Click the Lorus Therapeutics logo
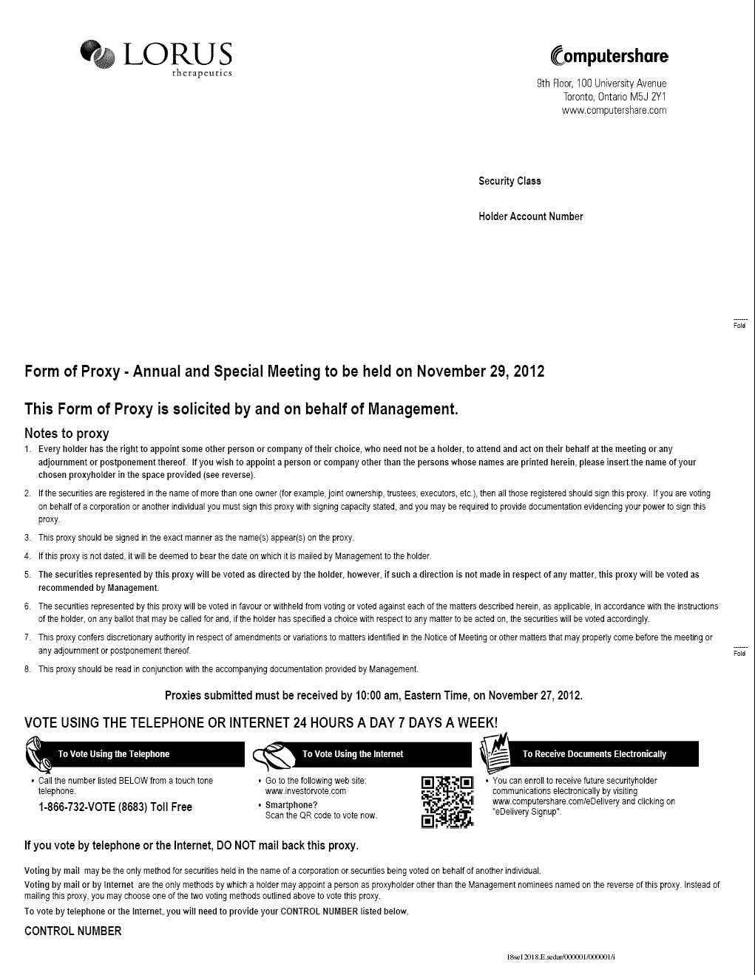(157, 58)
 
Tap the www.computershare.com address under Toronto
(614, 111)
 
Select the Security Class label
(509, 181)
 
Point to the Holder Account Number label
(530, 216)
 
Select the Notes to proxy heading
(67, 434)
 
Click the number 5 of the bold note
(27, 575)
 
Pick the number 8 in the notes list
(27, 669)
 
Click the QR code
(447, 801)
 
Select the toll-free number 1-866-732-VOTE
(115, 807)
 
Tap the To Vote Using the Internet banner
(353, 754)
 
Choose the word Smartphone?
(291, 805)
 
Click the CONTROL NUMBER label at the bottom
(72, 931)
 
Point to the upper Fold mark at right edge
(739, 324)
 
